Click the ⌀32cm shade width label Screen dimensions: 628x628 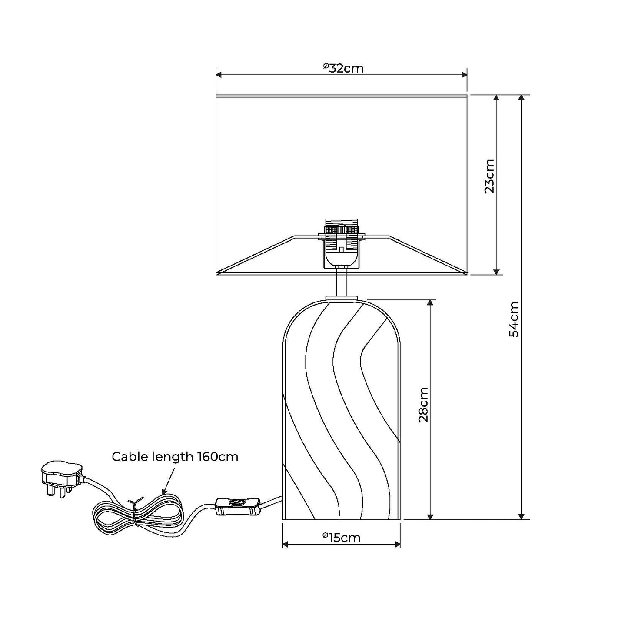(343, 68)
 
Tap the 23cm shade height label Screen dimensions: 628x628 (489, 176)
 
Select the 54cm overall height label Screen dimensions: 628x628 (514, 319)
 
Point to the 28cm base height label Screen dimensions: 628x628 (423, 405)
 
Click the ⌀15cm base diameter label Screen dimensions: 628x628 (342, 538)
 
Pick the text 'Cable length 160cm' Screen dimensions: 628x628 (175, 457)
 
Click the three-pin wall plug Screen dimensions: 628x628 (61, 479)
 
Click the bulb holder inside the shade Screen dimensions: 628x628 (342, 243)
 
